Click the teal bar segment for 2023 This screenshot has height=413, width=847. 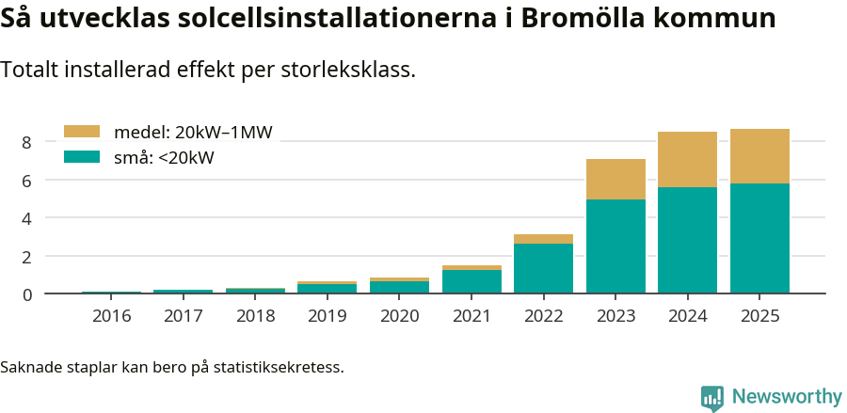click(615, 246)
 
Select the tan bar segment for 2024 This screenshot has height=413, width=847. click(687, 160)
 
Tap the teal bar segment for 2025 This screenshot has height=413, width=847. click(759, 239)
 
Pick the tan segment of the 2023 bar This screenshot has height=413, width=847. click(615, 179)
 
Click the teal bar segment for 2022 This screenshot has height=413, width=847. click(543, 269)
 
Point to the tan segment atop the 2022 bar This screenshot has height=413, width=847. click(543, 239)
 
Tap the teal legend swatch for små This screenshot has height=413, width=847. click(81, 157)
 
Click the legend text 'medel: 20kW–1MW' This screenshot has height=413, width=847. click(193, 133)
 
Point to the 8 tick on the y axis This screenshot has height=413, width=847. click(27, 142)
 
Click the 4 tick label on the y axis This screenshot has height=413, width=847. click(27, 218)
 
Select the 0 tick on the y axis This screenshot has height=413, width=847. click(27, 294)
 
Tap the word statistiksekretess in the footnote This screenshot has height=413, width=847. click(279, 366)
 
